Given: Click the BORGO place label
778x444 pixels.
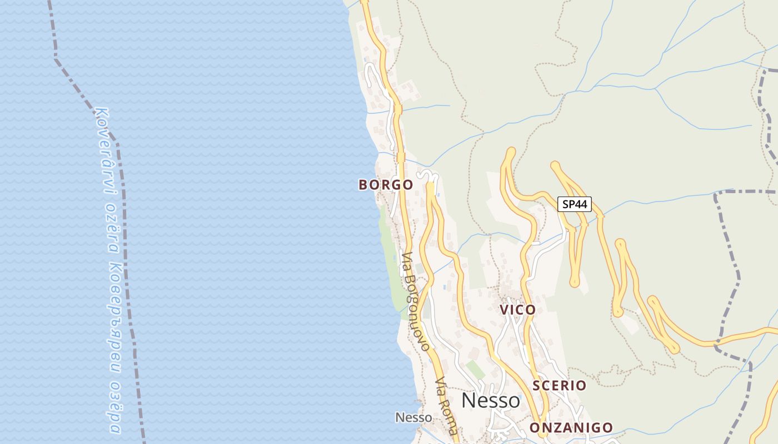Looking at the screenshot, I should pos(386,185).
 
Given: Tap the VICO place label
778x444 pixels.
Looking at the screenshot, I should pos(517,310).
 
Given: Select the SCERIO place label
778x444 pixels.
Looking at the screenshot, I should pos(559,385).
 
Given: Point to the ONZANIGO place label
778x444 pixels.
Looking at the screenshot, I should pos(571,428).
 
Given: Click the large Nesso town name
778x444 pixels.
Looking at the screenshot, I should pos(491,401).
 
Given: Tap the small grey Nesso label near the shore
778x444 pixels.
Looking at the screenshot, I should pos(413,417).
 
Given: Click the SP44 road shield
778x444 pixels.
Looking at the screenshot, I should pos(575,204).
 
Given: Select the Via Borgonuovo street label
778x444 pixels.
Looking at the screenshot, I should pos(416,302).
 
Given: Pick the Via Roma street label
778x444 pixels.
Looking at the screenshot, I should pos(447,407).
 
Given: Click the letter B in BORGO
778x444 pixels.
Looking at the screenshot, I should pos(363,185).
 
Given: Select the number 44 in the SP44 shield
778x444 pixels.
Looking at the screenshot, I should pos(581,204).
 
